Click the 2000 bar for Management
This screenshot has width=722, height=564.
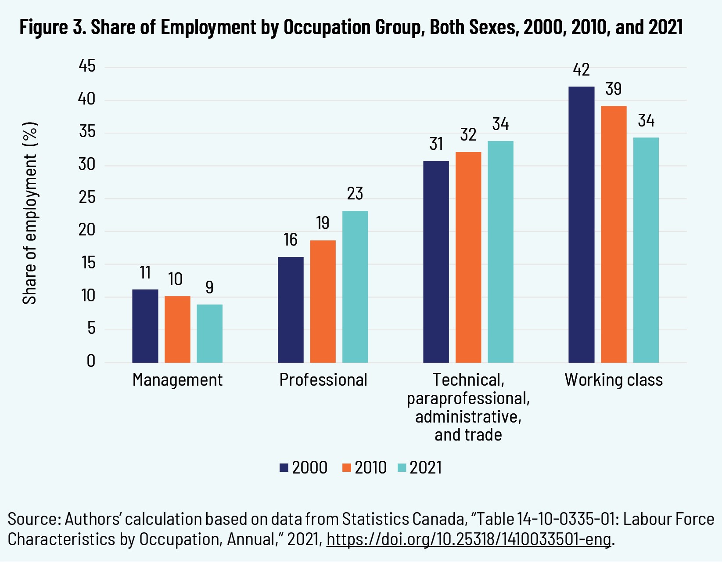click(x=145, y=326)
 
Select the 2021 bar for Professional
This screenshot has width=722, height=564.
click(x=355, y=287)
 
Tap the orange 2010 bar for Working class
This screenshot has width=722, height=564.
click(x=614, y=234)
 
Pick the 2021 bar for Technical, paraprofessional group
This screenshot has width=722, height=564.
click(x=500, y=252)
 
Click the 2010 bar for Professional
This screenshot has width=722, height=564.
click(x=323, y=301)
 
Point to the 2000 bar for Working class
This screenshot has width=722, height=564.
click(x=581, y=224)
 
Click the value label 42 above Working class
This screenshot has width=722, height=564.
click(x=581, y=70)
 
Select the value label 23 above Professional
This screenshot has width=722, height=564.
click(x=355, y=194)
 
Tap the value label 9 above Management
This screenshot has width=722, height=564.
click(x=209, y=287)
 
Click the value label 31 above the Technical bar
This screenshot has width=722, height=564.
click(x=436, y=144)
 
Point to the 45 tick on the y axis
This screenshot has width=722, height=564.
click(x=87, y=66)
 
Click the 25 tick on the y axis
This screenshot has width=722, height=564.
click(x=87, y=198)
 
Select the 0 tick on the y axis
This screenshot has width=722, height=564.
click(x=91, y=361)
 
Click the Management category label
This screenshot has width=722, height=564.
click(x=177, y=380)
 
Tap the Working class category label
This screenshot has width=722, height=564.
click(x=614, y=380)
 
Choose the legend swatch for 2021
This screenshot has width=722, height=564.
click(x=402, y=467)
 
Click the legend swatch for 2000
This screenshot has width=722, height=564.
click(x=284, y=467)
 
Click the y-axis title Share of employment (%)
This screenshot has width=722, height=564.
click(x=30, y=213)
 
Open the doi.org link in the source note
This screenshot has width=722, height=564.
click(x=468, y=539)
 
